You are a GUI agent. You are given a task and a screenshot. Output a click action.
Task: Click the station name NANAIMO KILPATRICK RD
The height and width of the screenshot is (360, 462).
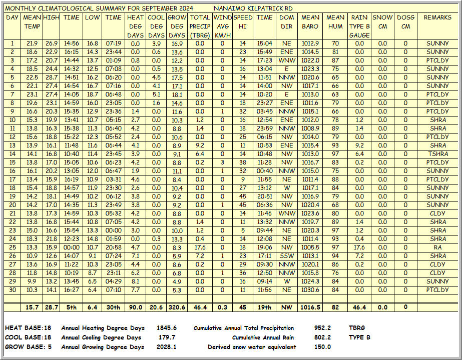[253, 8]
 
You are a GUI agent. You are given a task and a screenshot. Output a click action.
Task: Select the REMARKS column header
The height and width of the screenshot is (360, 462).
[437, 17]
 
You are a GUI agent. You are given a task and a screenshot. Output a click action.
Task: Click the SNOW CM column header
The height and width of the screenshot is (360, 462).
[382, 21]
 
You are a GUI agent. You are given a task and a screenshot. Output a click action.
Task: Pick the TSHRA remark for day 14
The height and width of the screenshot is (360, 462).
[437, 153]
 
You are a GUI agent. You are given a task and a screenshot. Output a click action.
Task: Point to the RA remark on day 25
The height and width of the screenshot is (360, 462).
[437, 247]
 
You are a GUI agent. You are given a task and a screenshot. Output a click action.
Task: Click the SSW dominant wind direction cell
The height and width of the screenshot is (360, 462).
[287, 255]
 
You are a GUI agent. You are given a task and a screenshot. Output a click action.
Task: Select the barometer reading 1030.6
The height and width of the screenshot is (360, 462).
[310, 289]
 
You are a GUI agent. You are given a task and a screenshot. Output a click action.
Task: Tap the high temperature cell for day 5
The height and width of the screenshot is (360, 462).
[51, 77]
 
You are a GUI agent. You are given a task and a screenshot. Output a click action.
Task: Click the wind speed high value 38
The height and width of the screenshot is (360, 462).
[243, 162]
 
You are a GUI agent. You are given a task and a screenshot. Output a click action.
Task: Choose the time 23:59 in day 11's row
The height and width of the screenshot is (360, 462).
[264, 128]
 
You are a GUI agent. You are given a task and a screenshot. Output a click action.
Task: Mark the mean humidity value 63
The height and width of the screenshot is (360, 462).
[335, 94]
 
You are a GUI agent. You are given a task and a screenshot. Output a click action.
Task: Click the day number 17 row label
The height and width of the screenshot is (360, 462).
[12, 179]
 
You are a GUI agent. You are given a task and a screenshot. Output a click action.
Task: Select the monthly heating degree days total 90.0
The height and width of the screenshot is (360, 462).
[135, 307]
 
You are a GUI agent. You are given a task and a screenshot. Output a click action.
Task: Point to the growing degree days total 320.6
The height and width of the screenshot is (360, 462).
[177, 307]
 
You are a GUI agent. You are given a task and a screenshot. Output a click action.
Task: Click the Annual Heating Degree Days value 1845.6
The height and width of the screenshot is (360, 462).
[166, 328]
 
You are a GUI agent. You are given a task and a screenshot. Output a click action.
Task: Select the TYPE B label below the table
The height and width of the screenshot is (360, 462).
[359, 337]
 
